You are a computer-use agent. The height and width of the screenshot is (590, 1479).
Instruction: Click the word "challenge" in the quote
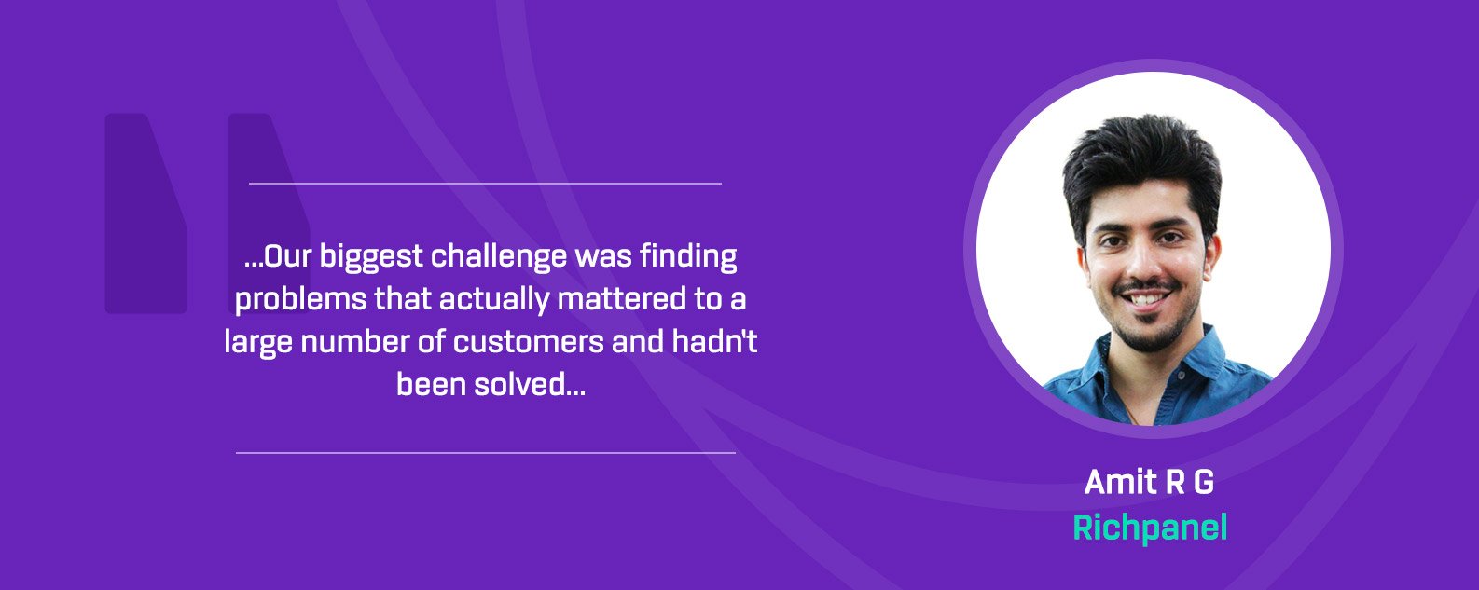click(499, 257)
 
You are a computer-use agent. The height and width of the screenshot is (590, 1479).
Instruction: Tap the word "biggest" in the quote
click(370, 257)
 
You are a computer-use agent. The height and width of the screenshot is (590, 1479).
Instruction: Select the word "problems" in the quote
click(300, 300)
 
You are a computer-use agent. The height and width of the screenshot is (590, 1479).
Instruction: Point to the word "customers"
click(528, 342)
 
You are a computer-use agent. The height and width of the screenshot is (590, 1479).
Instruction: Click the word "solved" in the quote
click(529, 384)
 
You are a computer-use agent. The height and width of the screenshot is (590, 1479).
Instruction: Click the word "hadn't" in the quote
click(714, 341)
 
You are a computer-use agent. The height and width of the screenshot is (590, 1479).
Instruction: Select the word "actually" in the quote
click(494, 300)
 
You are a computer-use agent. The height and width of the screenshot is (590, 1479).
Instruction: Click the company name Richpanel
click(1150, 528)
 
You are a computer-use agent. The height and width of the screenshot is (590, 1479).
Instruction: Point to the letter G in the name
click(1204, 482)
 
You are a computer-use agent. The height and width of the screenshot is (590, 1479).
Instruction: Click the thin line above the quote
click(485, 184)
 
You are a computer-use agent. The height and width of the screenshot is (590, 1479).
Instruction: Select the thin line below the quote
click(485, 453)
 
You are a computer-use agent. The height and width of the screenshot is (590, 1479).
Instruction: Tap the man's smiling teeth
click(1148, 299)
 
